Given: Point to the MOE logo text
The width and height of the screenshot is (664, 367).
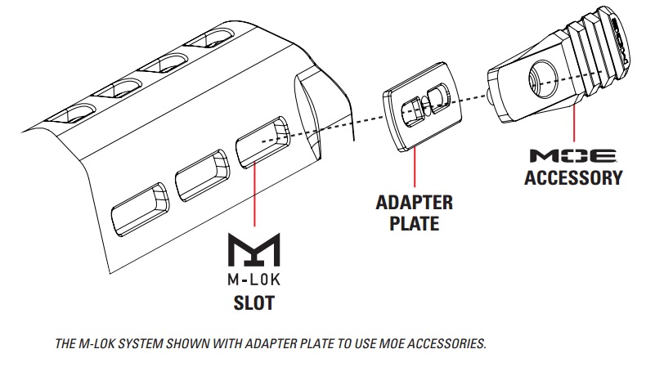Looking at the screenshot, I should click(572, 155).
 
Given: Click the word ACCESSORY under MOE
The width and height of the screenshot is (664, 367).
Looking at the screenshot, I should click(573, 177).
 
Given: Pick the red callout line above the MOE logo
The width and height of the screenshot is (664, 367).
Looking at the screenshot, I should click(574, 123).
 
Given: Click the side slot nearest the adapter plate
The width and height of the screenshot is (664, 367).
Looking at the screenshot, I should click(261, 138).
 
